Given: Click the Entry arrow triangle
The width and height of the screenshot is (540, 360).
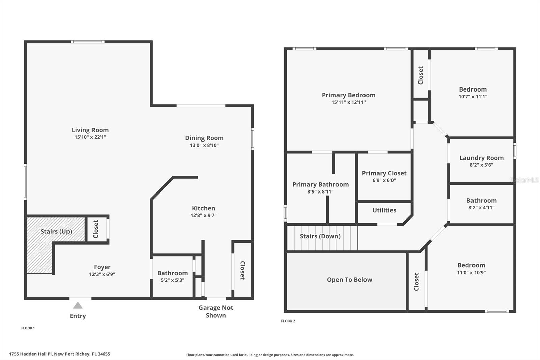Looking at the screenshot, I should coord(78,306).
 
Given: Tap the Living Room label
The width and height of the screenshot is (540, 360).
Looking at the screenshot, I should coord(90,130).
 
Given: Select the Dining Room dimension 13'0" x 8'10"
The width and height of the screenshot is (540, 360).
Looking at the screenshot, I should coord(204,145).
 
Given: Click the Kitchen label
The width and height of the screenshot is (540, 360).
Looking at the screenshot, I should coord(203,208).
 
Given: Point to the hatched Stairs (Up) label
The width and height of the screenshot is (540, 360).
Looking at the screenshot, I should coord(56,231).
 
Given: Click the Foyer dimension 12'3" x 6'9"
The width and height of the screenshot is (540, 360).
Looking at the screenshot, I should coord(102,274).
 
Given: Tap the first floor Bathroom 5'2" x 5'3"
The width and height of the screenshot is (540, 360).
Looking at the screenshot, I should coord(172,276).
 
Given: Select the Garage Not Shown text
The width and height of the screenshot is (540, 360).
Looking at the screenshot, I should coord(216,311).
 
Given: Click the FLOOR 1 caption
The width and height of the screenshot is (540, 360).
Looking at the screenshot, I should coord(28,328).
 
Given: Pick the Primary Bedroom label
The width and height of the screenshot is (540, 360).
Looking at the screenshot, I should coord(348,95).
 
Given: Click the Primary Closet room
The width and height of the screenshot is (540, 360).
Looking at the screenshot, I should coord(384,176).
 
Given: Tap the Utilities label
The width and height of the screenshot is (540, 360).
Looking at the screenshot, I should coord(384,210).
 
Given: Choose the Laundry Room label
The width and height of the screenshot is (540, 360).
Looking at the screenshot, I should coord(481,158).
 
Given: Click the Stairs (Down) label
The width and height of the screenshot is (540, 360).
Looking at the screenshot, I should coord(320,236).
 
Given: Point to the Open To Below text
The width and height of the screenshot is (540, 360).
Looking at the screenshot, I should coord(349,280).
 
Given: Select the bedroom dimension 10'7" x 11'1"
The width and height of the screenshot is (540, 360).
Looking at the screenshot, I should coord(473,97).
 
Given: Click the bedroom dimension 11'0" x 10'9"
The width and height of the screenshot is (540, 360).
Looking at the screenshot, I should coord(471,273).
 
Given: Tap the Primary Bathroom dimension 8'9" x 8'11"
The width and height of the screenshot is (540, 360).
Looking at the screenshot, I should coord(320,192).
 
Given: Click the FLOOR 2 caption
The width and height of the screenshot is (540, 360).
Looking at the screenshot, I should coord(288,321).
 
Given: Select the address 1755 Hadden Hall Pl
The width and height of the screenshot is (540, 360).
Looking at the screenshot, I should coord(59,354).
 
